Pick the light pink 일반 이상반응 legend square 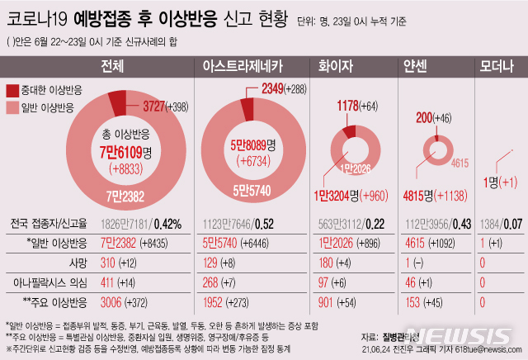pyautogui.click(x=12, y=107)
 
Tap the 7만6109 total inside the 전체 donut pyautogui.click(x=120, y=153)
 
